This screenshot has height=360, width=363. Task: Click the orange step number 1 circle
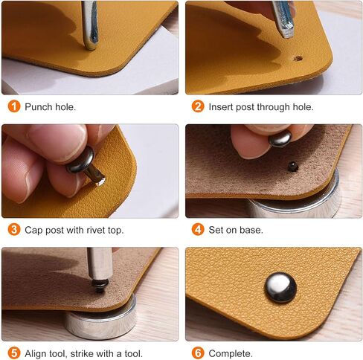[13, 106]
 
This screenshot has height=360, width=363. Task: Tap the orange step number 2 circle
[198, 106]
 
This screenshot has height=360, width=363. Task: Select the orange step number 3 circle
[13, 230]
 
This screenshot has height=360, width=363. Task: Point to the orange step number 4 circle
[198, 230]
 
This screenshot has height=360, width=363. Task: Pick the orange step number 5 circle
[13, 353]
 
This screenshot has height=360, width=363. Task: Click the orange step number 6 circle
[198, 353]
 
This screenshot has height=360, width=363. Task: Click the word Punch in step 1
[39, 107]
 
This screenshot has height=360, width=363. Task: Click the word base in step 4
[251, 231]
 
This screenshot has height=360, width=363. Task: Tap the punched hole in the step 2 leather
[298, 57]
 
